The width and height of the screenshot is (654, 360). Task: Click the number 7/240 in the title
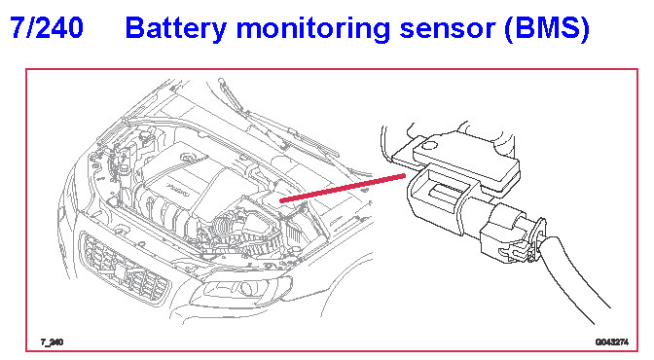(47, 28)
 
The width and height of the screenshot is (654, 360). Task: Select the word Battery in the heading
(175, 29)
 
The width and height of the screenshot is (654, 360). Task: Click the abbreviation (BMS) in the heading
(547, 29)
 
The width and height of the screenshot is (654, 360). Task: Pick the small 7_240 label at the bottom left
(52, 342)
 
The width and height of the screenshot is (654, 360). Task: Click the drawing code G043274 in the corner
(612, 342)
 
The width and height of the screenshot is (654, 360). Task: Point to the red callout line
(343, 189)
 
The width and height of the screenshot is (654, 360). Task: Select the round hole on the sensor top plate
(429, 146)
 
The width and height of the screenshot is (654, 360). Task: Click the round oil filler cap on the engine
(188, 158)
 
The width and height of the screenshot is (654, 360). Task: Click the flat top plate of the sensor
(466, 158)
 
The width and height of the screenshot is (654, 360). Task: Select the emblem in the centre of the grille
(120, 272)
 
